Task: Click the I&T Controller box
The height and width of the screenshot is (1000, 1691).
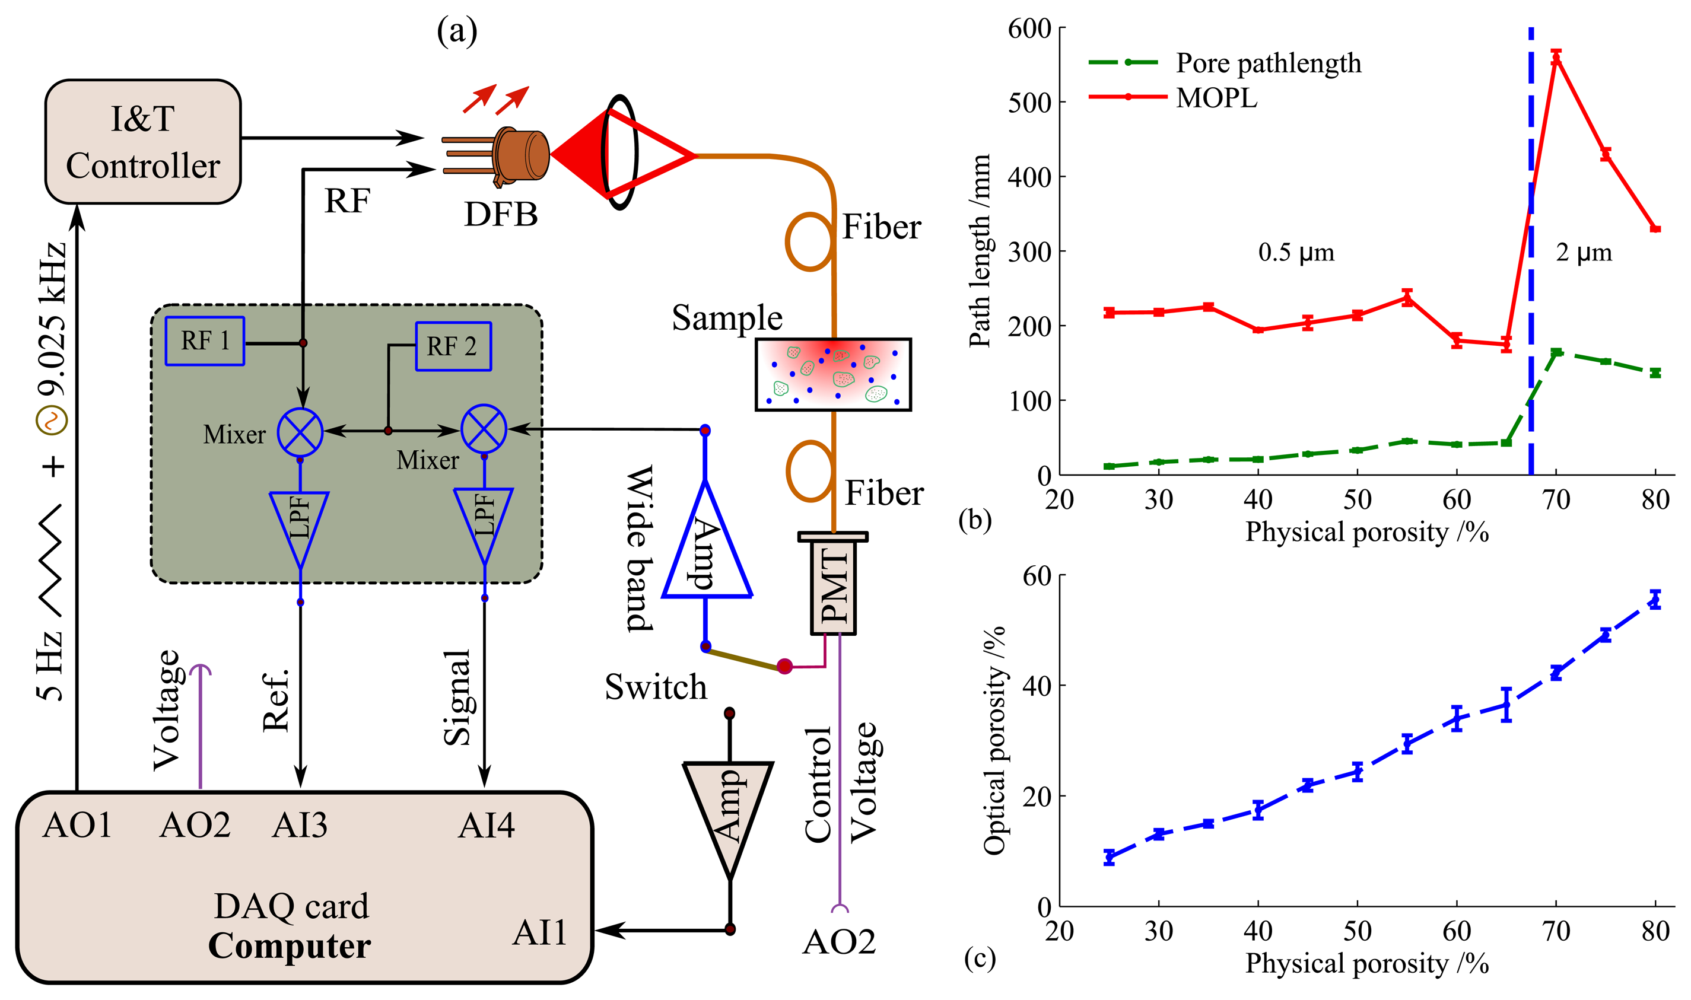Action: coord(142,142)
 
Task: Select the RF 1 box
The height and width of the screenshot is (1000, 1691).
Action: coord(205,341)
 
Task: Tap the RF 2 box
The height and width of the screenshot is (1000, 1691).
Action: coord(453,346)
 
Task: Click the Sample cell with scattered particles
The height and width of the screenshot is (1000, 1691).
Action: coord(833,375)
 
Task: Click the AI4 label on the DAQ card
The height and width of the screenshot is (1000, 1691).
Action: coord(486,826)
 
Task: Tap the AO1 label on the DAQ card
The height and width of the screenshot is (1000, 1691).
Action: coord(77,826)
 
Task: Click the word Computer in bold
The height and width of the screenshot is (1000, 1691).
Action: coord(289,946)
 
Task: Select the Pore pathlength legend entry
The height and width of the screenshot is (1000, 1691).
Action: coord(1268,63)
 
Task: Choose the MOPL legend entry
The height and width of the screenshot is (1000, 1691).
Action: coord(1216,98)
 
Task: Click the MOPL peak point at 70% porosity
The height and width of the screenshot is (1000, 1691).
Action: coord(1556,58)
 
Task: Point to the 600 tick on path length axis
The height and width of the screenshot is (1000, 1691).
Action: coord(1029,28)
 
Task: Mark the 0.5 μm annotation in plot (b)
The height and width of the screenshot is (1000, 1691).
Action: coord(1295,253)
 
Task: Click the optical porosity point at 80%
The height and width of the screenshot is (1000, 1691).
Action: coord(1655,599)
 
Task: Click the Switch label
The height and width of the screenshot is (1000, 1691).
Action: coord(655,687)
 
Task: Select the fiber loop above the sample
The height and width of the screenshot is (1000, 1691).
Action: coord(810,241)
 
